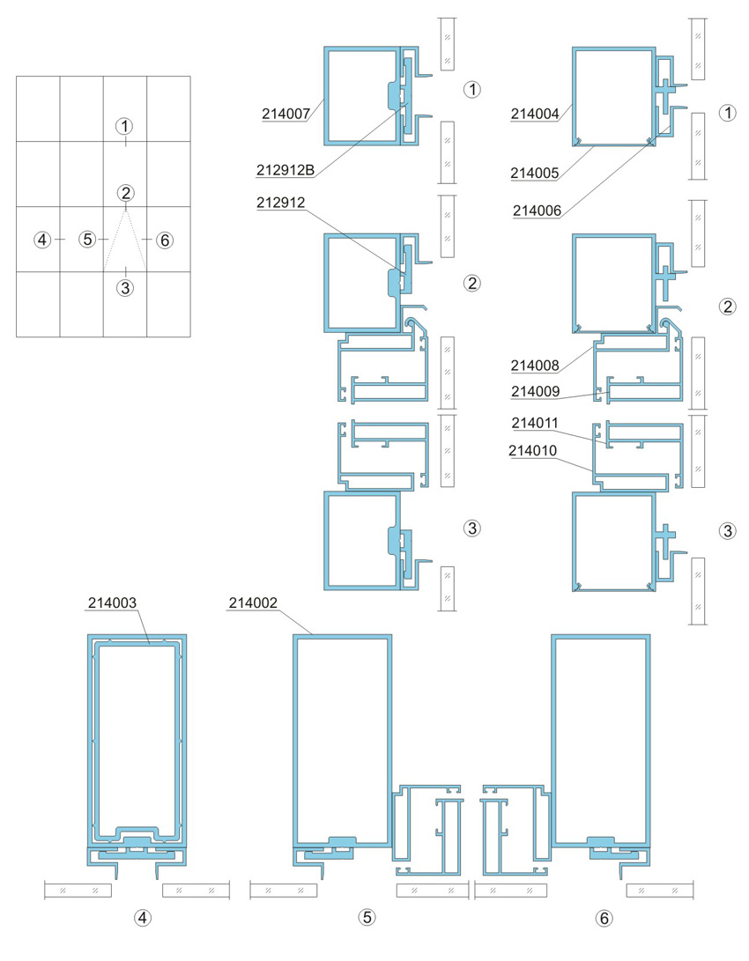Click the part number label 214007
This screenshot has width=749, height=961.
pos(286,114)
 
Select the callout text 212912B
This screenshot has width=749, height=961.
pos(285,170)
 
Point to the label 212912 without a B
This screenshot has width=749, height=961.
pos(281,203)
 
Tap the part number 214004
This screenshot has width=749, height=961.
pos(535,114)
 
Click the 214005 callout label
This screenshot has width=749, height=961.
pos(535,173)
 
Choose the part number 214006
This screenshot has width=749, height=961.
pos(537,211)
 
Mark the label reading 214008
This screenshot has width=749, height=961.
pos(535,366)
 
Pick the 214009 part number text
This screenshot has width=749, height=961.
pos(536,391)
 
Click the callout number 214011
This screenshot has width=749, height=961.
pos(535,423)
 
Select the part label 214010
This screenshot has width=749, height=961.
pos(532,450)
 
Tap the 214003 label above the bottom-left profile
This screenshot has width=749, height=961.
pos(112,602)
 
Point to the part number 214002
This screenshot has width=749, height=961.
pos(253,603)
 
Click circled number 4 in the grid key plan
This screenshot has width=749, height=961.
pos(42,240)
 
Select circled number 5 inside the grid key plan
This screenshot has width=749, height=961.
pos(87,239)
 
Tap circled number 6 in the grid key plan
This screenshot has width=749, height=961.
pos(164,240)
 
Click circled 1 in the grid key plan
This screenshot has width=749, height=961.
pos(125,126)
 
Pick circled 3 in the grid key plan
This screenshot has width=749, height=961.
pos(125,287)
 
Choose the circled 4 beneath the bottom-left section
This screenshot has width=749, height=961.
pos(142,918)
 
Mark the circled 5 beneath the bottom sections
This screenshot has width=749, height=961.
pos(367,917)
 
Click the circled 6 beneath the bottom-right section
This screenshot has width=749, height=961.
pos(604,918)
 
